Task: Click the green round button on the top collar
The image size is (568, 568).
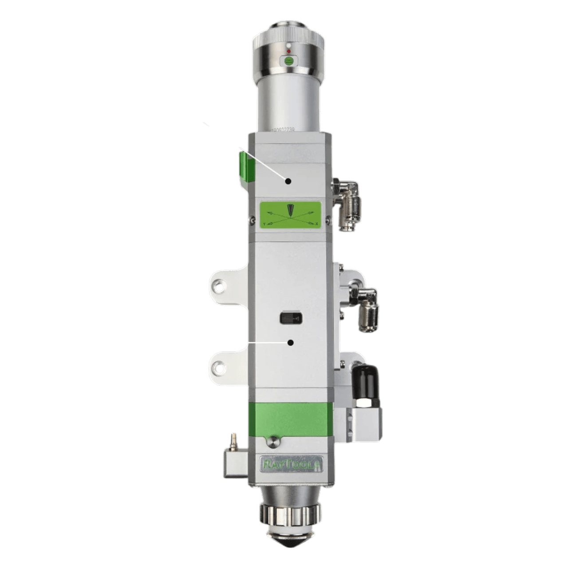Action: click(289, 61)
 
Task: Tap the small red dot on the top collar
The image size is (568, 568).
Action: click(289, 51)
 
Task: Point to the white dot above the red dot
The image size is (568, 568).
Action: click(289, 45)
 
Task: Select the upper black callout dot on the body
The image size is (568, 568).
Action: click(288, 181)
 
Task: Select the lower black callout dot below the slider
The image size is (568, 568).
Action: click(291, 343)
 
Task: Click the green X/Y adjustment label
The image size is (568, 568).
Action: click(290, 215)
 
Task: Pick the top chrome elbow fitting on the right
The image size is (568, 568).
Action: click(349, 204)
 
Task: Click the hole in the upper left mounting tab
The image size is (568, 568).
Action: click(218, 286)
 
